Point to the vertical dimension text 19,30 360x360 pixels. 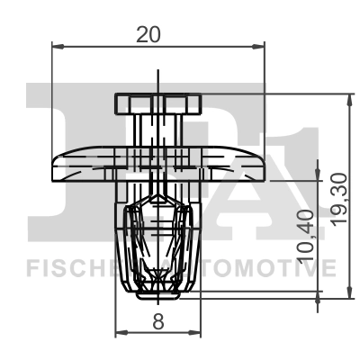pyautogui.click(x=337, y=201)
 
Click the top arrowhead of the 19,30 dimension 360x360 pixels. pyautogui.click(x=348, y=97)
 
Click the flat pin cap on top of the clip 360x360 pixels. pyautogui.click(x=157, y=101)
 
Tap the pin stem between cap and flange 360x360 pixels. pyautogui.click(x=157, y=126)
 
